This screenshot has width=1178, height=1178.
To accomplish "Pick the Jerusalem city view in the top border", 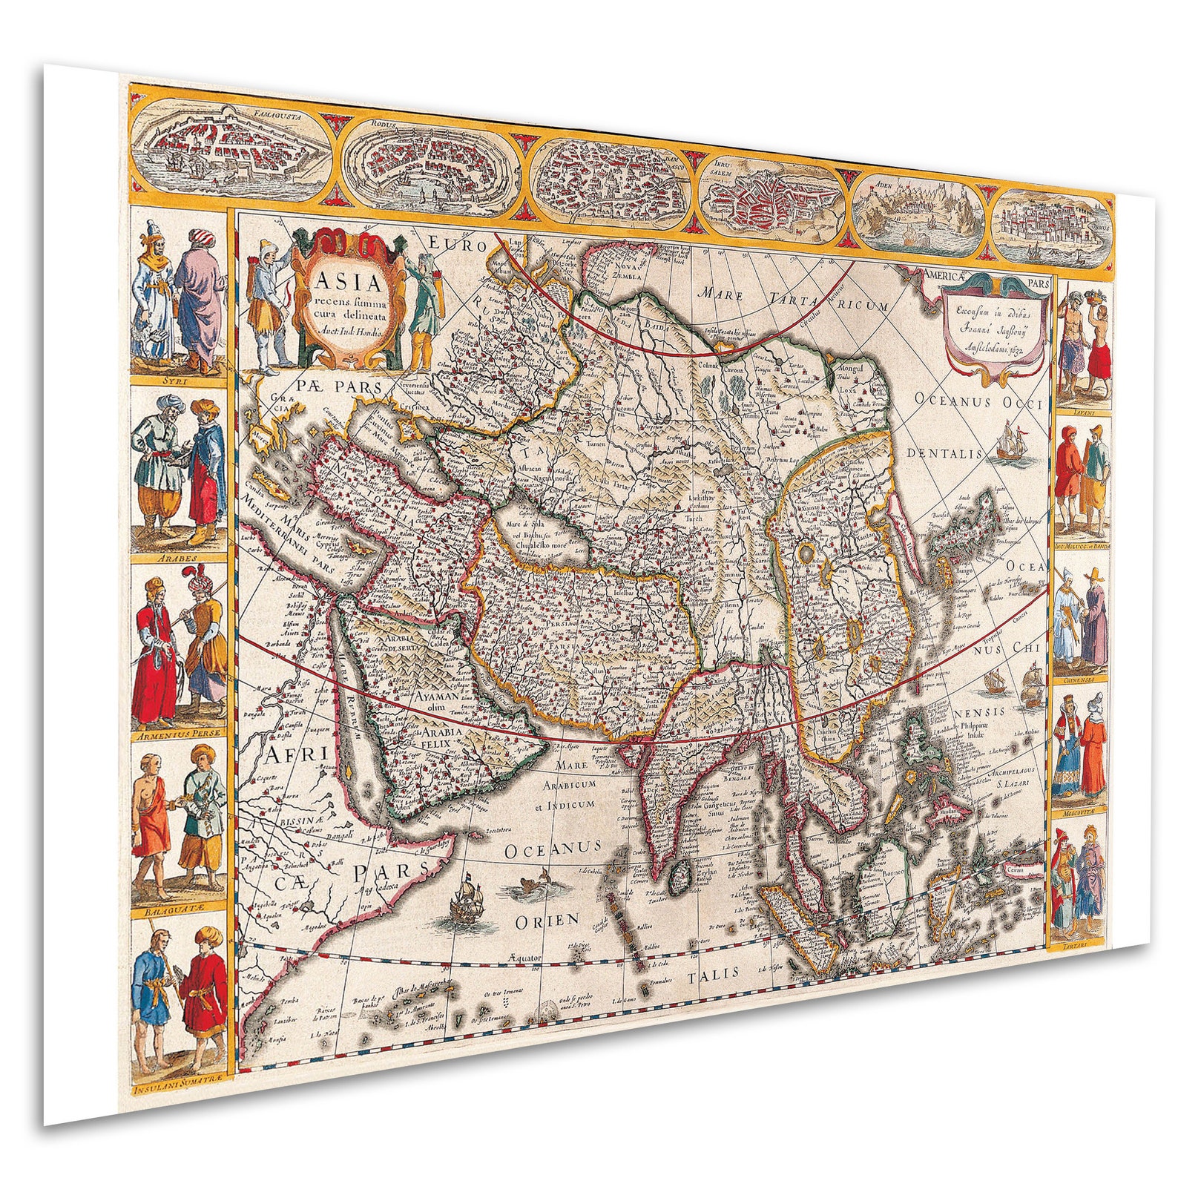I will [772, 196].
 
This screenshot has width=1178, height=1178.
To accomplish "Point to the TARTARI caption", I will [1079, 946].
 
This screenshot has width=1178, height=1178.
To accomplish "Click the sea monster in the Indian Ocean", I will [527, 889].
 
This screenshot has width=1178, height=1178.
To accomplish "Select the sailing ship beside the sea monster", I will [468, 899].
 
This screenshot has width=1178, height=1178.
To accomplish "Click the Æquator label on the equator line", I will [525, 958].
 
